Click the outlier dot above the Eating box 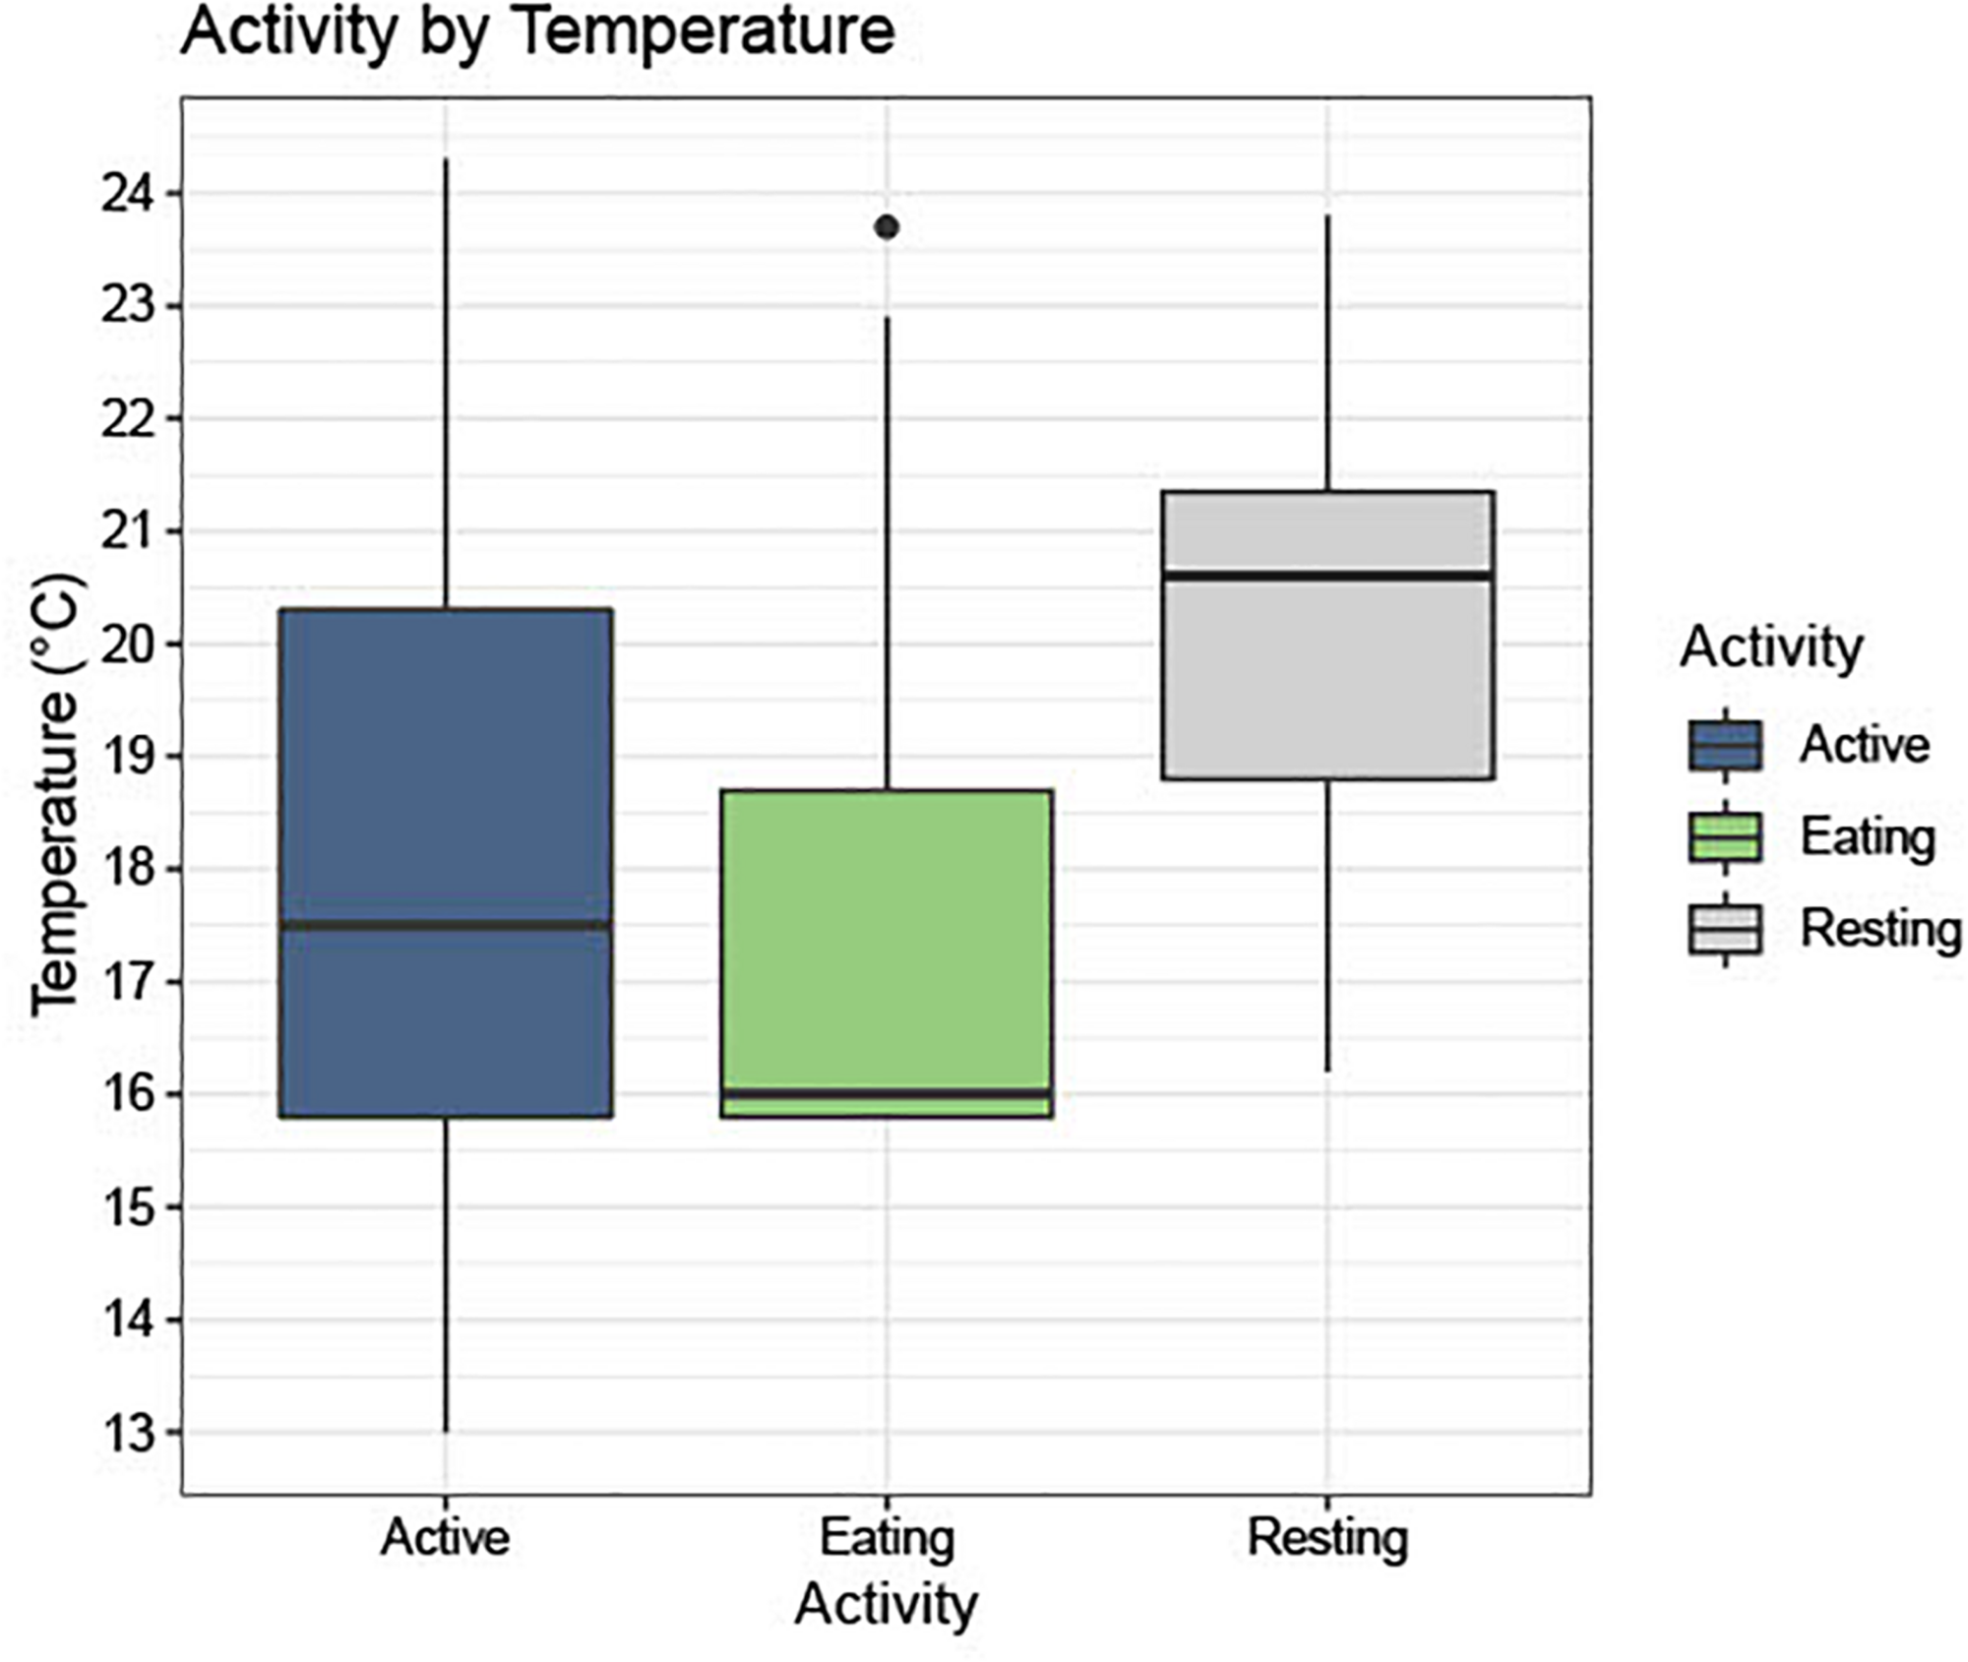point(887,227)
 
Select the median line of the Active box point(446,924)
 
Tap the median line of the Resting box point(1327,575)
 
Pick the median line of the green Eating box point(887,1093)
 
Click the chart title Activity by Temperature point(537,31)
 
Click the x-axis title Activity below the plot point(886,1604)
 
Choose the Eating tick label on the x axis point(887,1537)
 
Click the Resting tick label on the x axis point(1327,1537)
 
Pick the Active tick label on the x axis point(446,1537)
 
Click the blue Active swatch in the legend point(1725,745)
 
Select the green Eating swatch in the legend point(1725,836)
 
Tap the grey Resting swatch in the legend point(1725,929)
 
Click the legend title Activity point(1771,647)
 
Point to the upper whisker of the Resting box point(1327,354)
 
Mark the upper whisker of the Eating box point(887,551)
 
